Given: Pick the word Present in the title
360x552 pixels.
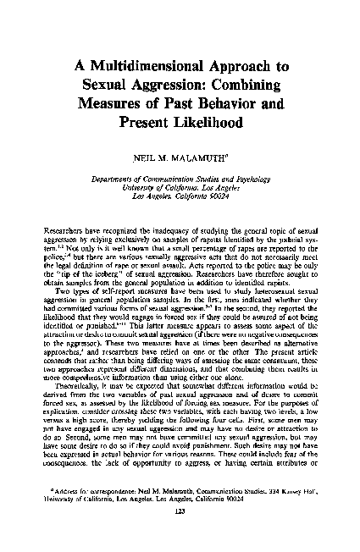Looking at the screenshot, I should [x=146, y=122].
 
